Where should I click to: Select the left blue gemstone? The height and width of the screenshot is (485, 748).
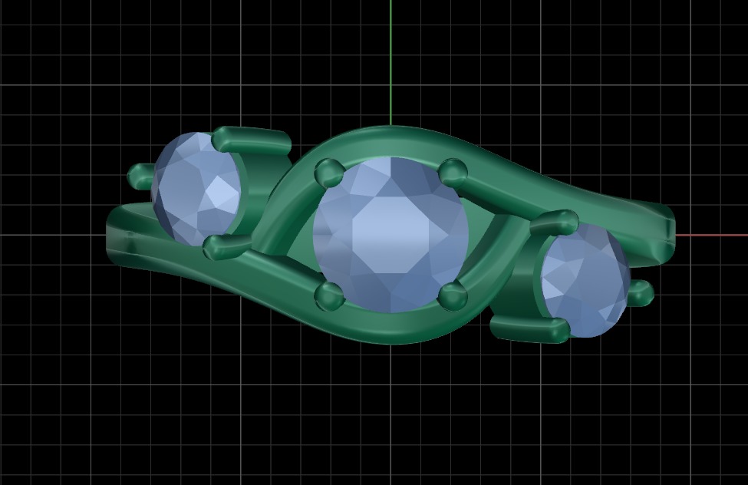[x=196, y=189]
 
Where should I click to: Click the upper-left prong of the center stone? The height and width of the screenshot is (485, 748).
[x=329, y=172]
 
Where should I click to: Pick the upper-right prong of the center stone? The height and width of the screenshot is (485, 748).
[x=453, y=171]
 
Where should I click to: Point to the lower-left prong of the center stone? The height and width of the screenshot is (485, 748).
[x=330, y=295]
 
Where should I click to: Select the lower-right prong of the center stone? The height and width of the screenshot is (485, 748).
[x=453, y=295]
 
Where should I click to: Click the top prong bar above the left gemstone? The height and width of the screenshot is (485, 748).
[x=251, y=139]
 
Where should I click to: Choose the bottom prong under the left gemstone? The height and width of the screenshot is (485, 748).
[x=226, y=246]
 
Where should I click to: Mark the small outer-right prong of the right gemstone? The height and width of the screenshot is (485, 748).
[x=641, y=292]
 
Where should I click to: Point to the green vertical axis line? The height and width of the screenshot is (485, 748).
[x=390, y=61]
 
